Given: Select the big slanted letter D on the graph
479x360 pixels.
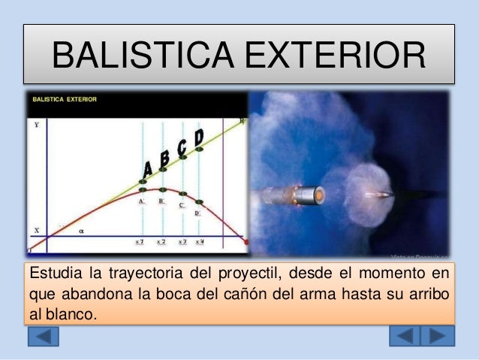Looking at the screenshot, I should pos(198,138).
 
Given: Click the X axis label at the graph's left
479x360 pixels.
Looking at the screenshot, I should pos(35,230).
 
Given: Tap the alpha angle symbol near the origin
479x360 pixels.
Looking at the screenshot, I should pos(81,231).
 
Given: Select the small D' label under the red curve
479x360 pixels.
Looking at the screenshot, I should pos(197,213).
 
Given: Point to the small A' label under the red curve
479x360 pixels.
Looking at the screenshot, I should pos(142,201).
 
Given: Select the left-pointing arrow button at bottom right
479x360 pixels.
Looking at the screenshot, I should pos(406,335).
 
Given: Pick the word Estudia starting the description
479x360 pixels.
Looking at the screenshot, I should pos(50,271).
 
